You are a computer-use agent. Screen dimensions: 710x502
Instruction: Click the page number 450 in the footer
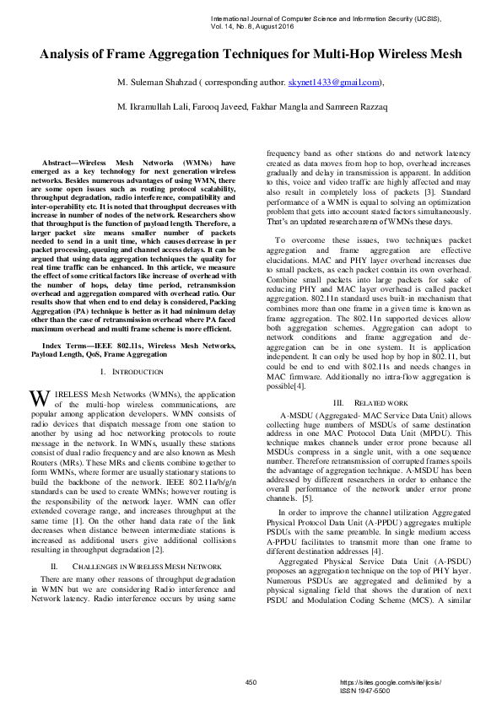point(251,681)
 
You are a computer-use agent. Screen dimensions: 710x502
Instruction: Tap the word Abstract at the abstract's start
point(64,161)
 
